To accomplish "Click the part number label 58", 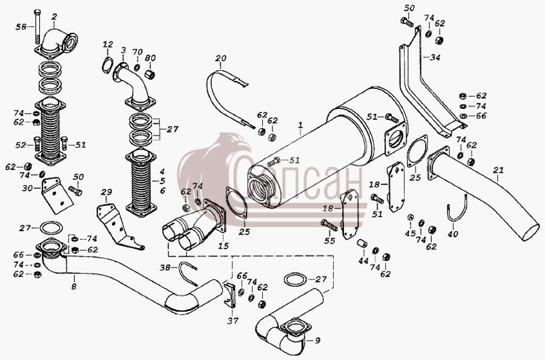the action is click(x=21, y=27).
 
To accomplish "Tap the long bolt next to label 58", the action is click(x=38, y=28).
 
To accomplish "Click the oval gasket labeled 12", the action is click(x=107, y=65).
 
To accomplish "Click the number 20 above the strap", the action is click(x=220, y=58).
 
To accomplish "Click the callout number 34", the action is click(x=434, y=57).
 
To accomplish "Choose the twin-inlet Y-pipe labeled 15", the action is click(x=194, y=224).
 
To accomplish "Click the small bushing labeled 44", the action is click(x=362, y=244).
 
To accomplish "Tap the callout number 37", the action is click(x=233, y=321).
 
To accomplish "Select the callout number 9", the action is click(x=317, y=340).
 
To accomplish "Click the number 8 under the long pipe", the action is click(x=74, y=286).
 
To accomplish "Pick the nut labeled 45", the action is click(x=410, y=218).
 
